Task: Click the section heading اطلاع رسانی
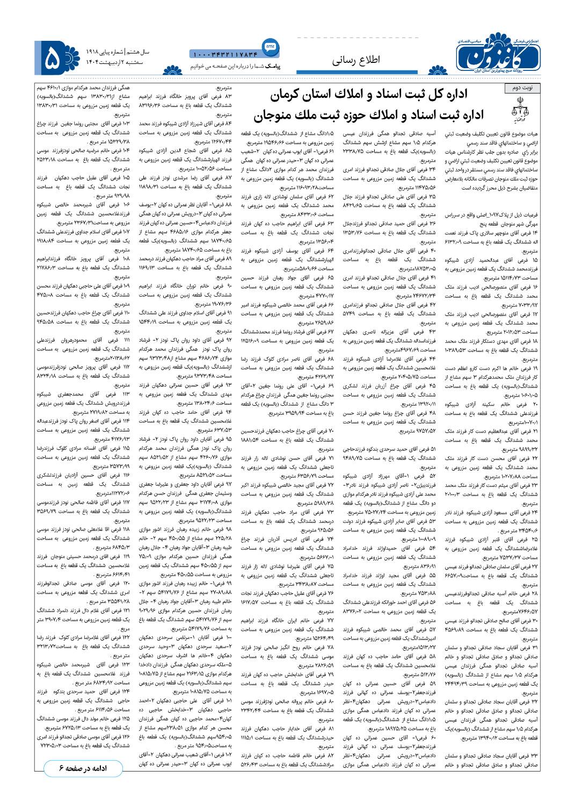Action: point(355,60)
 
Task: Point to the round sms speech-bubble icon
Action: point(270,46)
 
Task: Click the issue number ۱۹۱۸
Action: point(96,52)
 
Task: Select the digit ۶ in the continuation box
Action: point(61,768)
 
